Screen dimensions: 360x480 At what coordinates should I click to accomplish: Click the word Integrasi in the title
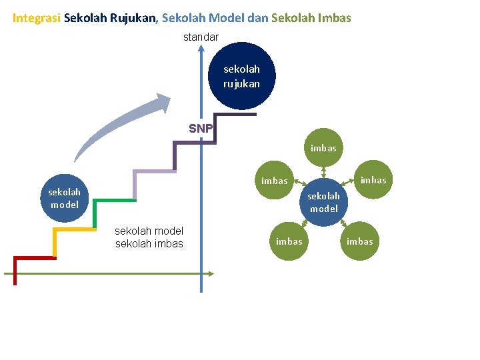click(x=37, y=18)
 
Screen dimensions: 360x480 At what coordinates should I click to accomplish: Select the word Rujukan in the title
click(x=132, y=18)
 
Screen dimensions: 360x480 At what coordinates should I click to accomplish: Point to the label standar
click(x=201, y=37)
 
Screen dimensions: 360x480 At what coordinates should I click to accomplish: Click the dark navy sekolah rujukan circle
click(x=242, y=76)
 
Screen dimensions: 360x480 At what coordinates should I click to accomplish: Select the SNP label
click(x=200, y=128)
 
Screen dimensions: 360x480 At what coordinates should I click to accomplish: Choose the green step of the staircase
click(x=113, y=200)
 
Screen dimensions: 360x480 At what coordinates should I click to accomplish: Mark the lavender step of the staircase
click(x=153, y=171)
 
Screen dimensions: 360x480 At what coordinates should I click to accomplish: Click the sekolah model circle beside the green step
click(x=65, y=198)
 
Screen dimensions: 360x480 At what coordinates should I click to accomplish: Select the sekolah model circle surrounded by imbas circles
click(x=323, y=202)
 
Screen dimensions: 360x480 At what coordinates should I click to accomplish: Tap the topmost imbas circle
click(x=323, y=148)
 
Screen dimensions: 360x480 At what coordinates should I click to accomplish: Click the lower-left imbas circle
click(x=289, y=241)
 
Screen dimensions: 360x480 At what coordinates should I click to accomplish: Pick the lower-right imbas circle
click(x=360, y=241)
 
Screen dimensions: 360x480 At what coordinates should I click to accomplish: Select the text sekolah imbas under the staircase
click(x=149, y=243)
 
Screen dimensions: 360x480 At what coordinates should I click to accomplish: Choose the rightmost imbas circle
click(x=373, y=180)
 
